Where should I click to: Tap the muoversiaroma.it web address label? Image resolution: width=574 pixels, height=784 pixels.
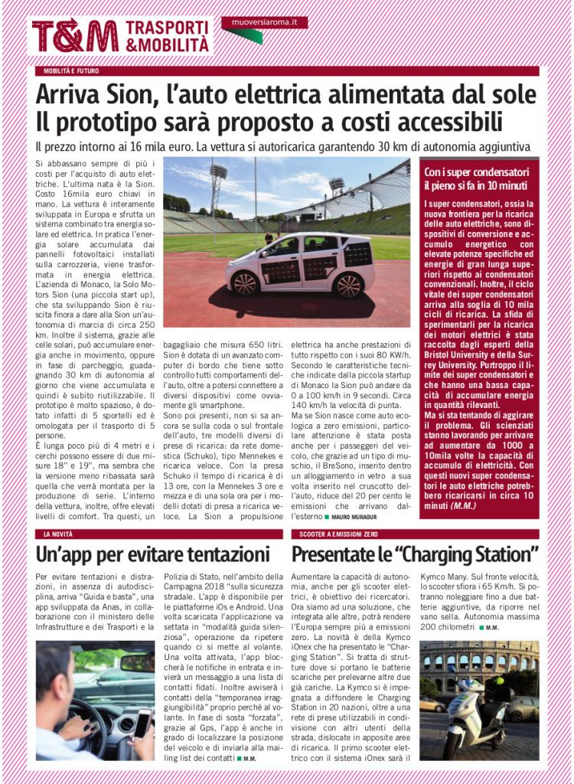click(x=264, y=23)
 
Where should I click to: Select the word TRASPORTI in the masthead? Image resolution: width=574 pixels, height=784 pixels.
click(x=167, y=28)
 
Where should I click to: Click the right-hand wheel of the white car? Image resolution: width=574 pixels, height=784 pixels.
click(x=348, y=285)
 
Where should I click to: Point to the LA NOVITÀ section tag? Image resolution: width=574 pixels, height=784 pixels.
click(x=58, y=534)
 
